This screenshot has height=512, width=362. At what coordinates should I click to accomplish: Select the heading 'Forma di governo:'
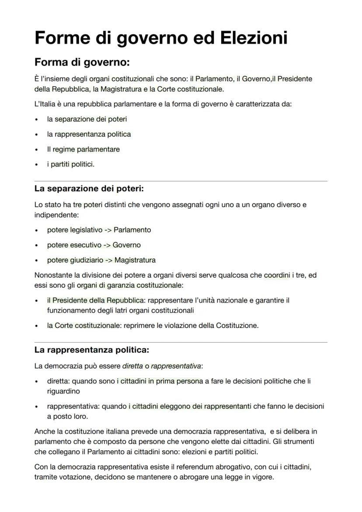click(82, 63)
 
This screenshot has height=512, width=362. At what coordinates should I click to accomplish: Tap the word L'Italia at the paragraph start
click(45, 104)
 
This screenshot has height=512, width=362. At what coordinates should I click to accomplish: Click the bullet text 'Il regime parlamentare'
click(83, 149)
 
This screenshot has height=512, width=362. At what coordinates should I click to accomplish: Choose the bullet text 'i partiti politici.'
click(71, 164)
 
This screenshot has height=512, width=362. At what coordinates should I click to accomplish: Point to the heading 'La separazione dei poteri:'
click(89, 189)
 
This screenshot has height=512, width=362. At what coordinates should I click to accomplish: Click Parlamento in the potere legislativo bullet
click(132, 230)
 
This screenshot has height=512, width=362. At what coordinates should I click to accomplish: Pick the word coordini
click(277, 275)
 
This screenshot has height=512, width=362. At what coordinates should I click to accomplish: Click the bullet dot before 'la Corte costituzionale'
click(37, 326)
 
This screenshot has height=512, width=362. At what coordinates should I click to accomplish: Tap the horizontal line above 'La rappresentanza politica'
click(181, 342)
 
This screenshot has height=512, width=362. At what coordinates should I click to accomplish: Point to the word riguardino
click(63, 391)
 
